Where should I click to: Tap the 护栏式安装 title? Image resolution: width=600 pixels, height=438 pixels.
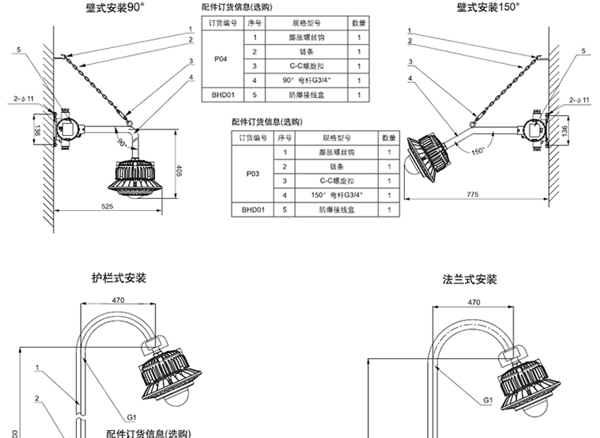coord(119,279)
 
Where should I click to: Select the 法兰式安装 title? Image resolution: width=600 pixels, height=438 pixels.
coord(470,280)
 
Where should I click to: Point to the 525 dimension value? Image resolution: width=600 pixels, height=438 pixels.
coord(107,206)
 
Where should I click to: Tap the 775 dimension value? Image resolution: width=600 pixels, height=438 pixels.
coord(472,195)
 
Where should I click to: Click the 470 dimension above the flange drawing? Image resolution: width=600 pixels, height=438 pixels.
coord(473,303)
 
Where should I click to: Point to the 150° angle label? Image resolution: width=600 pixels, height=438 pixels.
coord(478,150)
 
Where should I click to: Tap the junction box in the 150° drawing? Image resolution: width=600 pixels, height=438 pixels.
coord(531,125)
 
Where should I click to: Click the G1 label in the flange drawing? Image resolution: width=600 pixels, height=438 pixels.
coord(487,400)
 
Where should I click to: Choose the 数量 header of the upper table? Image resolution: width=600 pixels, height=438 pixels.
coord(359,25)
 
